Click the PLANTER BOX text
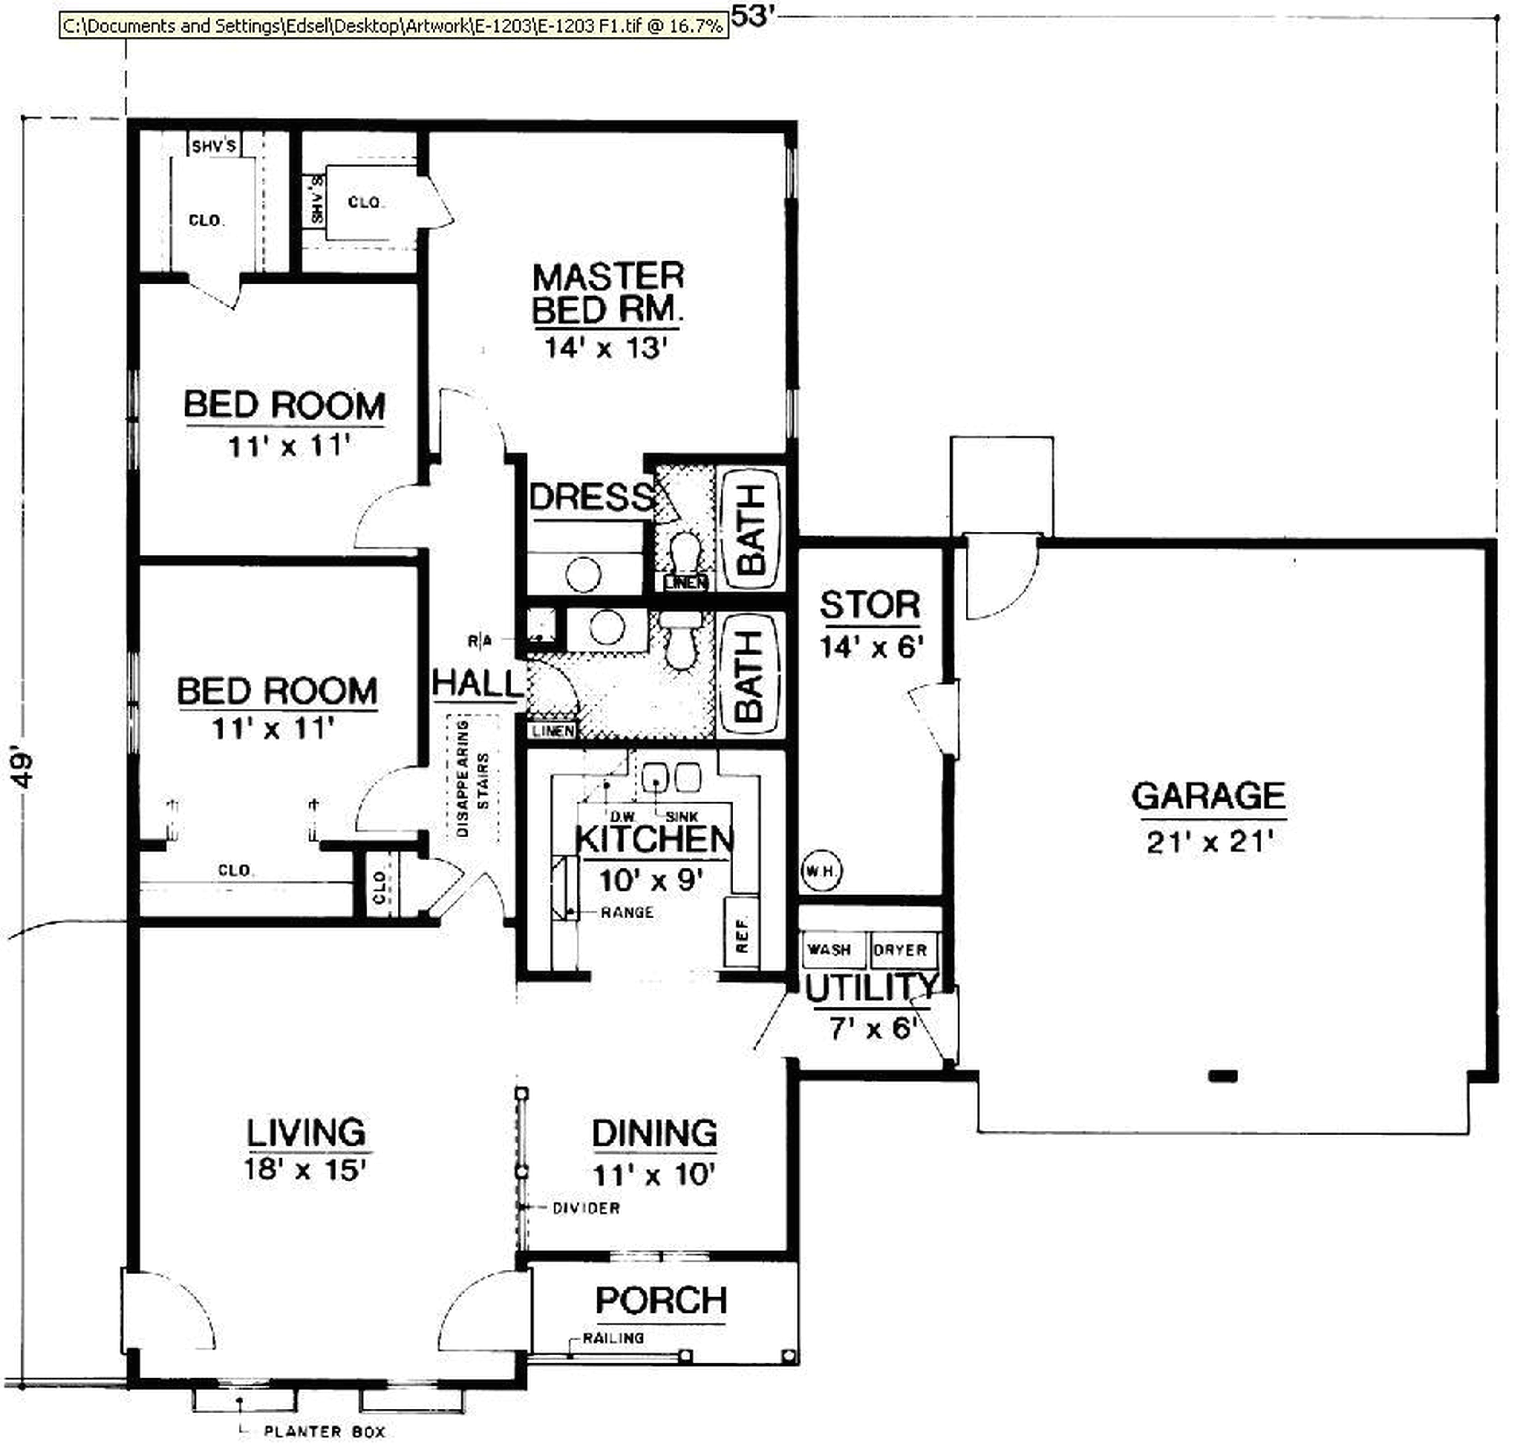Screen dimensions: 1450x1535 click(x=325, y=1432)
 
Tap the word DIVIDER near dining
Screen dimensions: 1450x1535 click(x=586, y=1208)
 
